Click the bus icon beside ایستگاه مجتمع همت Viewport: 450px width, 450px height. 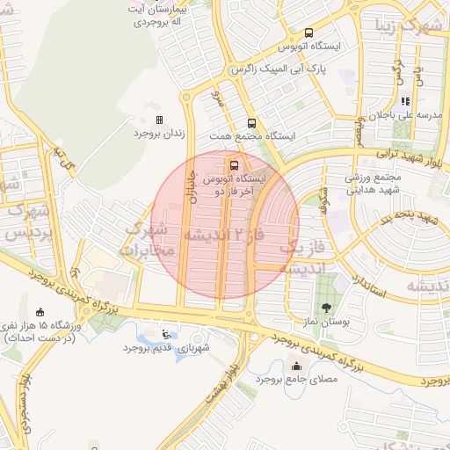tap(251, 124)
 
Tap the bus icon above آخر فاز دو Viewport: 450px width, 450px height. tap(233, 164)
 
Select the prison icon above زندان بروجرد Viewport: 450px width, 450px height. tap(159, 120)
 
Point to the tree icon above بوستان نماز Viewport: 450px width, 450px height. tap(328, 308)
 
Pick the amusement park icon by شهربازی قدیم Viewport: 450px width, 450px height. tap(167, 333)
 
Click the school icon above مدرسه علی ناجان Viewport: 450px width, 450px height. tap(405, 101)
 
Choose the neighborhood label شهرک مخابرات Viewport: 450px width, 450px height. tap(151, 240)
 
